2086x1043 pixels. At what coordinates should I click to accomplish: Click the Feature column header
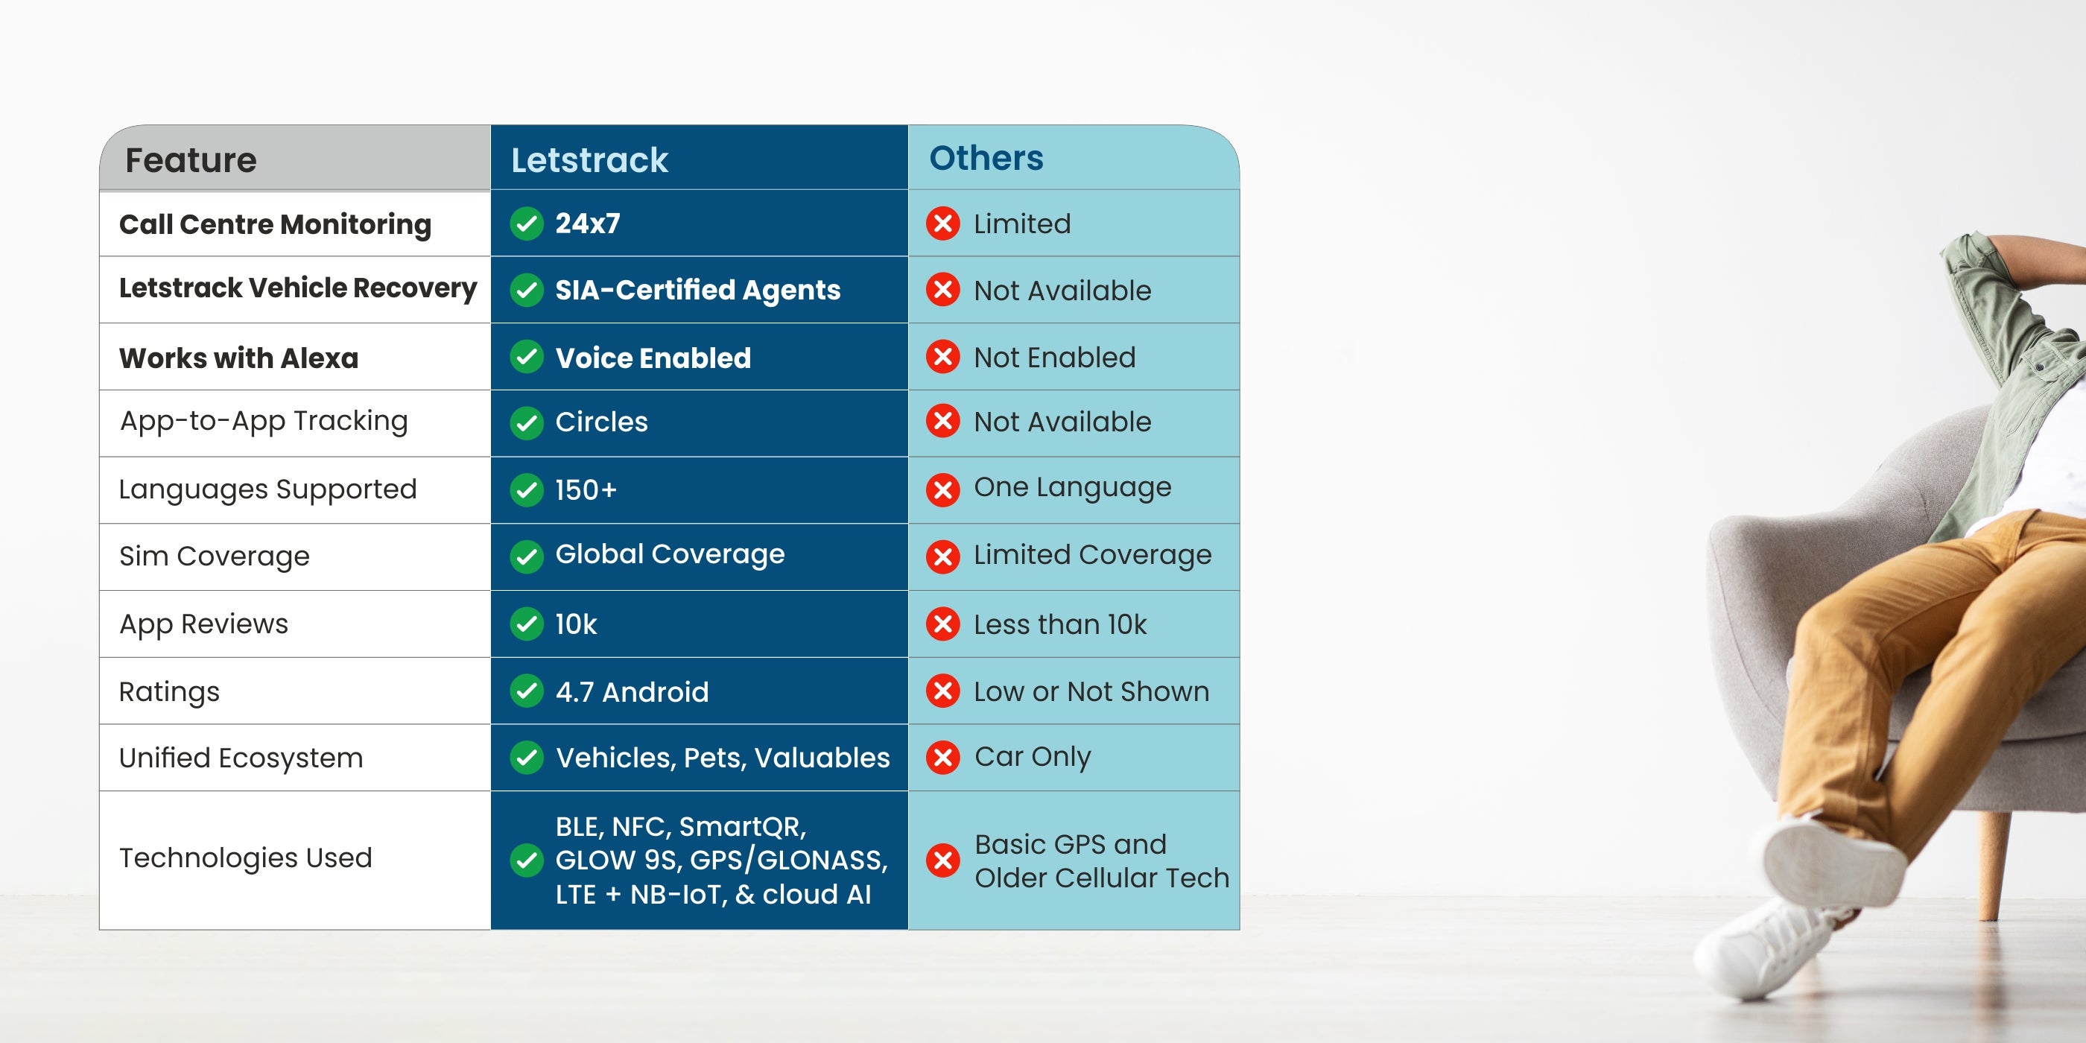point(191,160)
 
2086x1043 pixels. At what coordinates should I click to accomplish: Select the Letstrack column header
point(589,160)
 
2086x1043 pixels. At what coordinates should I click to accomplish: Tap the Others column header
point(986,158)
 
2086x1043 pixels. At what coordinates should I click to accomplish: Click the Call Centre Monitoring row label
point(276,224)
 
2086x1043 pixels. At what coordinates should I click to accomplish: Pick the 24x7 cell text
point(588,223)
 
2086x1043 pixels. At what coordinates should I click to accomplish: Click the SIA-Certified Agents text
point(698,290)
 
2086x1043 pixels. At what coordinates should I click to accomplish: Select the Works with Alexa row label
point(239,358)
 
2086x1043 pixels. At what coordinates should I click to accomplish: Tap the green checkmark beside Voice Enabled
point(527,357)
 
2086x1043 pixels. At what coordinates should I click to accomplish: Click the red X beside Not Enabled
point(943,357)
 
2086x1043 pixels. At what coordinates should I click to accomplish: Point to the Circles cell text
point(602,422)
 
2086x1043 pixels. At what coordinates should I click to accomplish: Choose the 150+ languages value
point(586,490)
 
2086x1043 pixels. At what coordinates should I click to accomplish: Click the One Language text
point(1073,487)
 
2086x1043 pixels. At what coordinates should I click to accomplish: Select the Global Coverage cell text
point(670,555)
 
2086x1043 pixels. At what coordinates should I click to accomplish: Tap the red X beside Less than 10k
point(943,624)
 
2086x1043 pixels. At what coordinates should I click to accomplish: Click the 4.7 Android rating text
point(633,691)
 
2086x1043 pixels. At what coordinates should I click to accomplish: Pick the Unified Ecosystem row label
point(241,758)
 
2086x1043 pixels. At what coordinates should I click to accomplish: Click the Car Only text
point(1033,756)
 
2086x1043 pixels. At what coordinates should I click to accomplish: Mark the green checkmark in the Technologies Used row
point(527,860)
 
